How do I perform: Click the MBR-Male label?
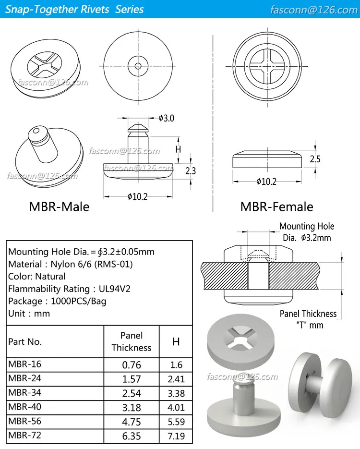click(59, 206)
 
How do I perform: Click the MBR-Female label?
click(276, 206)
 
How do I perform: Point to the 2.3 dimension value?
click(190, 170)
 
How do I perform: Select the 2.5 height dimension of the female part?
click(315, 159)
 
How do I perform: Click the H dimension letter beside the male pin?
click(178, 149)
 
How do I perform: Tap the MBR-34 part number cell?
click(24, 392)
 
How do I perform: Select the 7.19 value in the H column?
click(176, 437)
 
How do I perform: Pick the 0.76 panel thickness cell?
click(132, 364)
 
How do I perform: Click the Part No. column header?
click(25, 341)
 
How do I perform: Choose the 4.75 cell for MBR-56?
click(132, 422)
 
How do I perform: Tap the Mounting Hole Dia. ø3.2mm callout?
click(307, 231)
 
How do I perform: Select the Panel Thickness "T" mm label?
click(308, 319)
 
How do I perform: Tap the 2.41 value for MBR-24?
click(176, 379)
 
